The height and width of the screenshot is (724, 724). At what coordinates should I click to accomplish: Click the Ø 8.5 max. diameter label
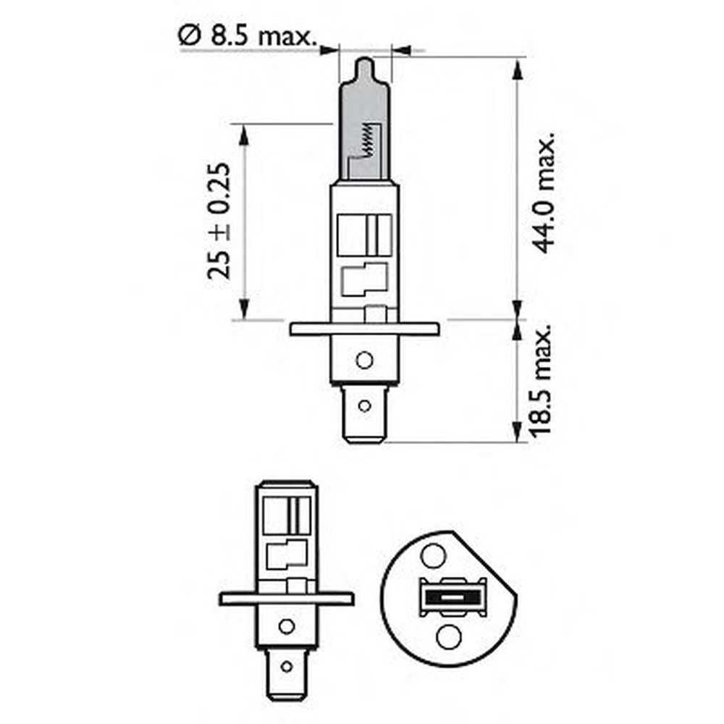pos(247,35)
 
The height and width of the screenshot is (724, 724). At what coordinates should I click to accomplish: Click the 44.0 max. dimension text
pos(543,193)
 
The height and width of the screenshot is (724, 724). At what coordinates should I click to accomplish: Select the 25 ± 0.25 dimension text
pos(219,221)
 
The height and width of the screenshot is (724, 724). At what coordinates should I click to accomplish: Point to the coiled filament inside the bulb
pos(368,140)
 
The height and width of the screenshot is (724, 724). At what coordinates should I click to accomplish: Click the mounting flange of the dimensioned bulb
pos(364,329)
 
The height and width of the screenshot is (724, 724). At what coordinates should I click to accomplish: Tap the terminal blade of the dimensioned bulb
pos(364,414)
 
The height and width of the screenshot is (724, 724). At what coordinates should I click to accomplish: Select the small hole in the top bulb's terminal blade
pos(364,406)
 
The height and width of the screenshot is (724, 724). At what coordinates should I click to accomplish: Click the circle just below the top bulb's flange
pos(364,360)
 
